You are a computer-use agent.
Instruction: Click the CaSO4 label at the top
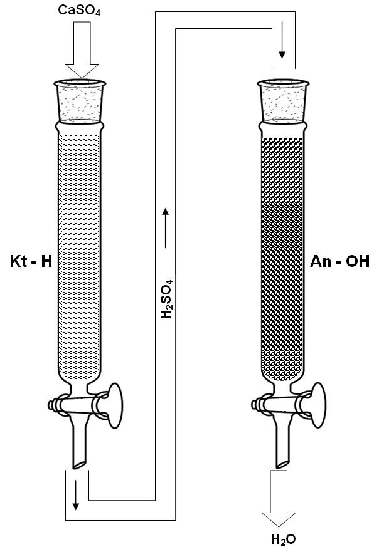[x=79, y=10]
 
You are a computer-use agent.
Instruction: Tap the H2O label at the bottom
[x=284, y=539]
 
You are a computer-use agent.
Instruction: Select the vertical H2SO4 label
[x=166, y=299]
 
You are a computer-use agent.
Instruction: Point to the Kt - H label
[x=31, y=261]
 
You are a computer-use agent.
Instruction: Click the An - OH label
[x=340, y=261]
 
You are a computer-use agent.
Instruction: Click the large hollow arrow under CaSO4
[x=82, y=50]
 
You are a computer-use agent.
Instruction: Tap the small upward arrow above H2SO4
[x=166, y=228]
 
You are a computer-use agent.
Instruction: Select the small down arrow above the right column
[x=282, y=39]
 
